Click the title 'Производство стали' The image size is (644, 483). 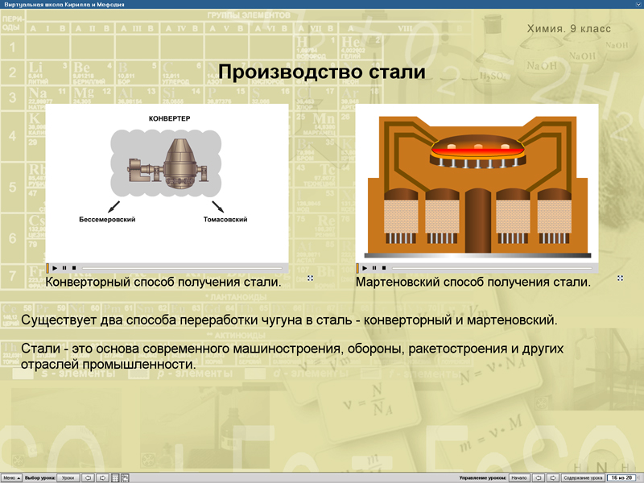(321, 73)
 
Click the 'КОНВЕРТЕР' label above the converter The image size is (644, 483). (169, 119)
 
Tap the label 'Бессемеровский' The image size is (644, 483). (107, 220)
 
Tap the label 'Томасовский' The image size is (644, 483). (225, 220)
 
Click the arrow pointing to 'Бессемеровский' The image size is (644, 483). (114, 206)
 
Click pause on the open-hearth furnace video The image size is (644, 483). (374, 268)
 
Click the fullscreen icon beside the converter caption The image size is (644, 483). (310, 279)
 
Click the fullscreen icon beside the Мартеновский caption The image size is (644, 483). (620, 279)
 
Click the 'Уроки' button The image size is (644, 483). (68, 477)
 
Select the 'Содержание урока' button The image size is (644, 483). (583, 477)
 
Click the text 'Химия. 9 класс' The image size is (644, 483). (568, 29)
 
